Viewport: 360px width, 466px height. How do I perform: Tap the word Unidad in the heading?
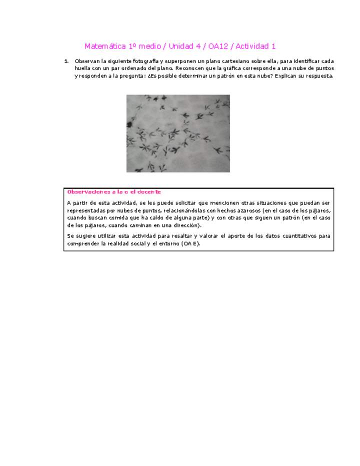point(181,46)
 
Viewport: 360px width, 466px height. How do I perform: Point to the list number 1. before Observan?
point(66,61)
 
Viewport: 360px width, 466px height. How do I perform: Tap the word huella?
point(83,68)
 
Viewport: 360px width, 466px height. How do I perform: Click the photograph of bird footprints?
point(178,133)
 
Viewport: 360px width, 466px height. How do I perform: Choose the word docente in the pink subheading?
point(148,192)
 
